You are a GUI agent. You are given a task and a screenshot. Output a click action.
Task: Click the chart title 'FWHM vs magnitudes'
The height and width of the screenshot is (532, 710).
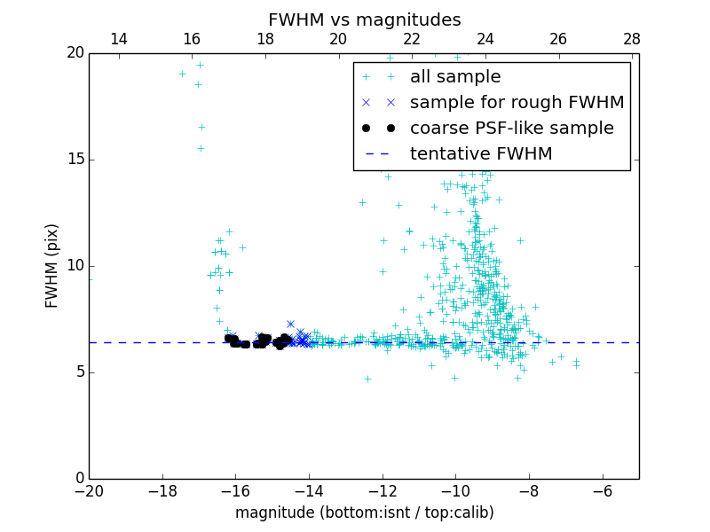[364, 20]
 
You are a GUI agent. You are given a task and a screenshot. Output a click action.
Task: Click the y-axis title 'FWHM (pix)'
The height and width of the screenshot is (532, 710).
[52, 265]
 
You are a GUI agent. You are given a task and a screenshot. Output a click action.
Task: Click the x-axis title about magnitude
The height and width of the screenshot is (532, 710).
[364, 512]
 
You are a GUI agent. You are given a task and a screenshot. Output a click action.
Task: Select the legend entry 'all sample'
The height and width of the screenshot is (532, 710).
[455, 77]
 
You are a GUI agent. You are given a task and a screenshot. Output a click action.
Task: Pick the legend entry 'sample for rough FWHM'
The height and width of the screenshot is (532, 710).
[517, 103]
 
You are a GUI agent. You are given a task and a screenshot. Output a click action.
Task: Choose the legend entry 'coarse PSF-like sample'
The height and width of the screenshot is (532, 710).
[511, 129]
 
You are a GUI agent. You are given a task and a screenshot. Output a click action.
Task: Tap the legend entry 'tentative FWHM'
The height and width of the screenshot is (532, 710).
[481, 154]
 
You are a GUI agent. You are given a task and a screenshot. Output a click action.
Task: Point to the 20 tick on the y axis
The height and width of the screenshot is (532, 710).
[74, 53]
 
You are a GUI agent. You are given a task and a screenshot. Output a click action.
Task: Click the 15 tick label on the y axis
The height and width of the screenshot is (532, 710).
[74, 160]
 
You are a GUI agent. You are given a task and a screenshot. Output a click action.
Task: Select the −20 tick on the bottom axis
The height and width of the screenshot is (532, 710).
[89, 491]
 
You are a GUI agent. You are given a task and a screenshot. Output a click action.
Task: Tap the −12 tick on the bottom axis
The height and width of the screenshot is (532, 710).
[383, 491]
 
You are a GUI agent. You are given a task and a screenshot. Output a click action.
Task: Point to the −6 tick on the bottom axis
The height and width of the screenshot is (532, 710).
[603, 491]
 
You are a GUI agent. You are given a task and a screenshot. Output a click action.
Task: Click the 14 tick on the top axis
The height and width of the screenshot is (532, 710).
[118, 39]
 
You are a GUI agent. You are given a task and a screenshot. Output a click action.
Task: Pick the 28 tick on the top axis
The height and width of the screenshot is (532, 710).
[632, 39]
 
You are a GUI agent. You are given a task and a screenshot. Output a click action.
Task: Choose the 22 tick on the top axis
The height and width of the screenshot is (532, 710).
[412, 39]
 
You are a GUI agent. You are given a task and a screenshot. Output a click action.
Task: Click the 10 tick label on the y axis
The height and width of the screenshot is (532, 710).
[74, 266]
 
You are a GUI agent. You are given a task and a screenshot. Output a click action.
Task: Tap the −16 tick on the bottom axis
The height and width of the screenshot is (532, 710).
[235, 491]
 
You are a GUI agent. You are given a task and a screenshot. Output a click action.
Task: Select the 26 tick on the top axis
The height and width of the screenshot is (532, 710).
[558, 39]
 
